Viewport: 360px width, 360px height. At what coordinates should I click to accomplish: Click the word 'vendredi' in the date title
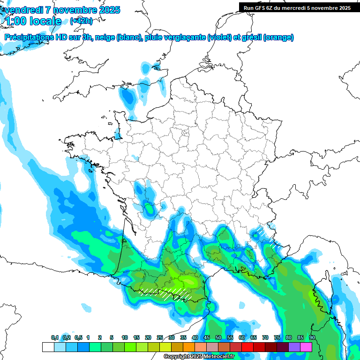pyautogui.click(x=22, y=10)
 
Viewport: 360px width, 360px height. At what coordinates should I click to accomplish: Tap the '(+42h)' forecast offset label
pyautogui.click(x=81, y=21)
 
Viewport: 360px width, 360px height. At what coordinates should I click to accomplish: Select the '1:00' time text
pyautogui.click(x=16, y=21)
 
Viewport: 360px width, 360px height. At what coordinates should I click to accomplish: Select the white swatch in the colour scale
pyautogui.click(x=48, y=347)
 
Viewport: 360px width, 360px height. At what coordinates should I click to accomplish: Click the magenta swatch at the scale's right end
pyautogui.click(x=306, y=347)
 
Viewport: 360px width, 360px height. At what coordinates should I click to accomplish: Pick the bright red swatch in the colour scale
pyautogui.click(x=247, y=347)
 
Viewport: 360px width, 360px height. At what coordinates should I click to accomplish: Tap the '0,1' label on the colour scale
pyautogui.click(x=55, y=338)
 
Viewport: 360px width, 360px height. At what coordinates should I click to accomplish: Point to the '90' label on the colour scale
pyautogui.click(x=312, y=338)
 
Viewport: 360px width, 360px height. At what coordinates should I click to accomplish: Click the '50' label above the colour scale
pyautogui.click(x=218, y=338)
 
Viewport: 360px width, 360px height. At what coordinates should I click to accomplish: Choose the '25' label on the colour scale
pyautogui.click(x=160, y=338)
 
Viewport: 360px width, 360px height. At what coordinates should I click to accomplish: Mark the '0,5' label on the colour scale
pyautogui.click(x=78, y=338)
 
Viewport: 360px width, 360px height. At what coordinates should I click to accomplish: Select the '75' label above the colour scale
pyautogui.click(x=277, y=338)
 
